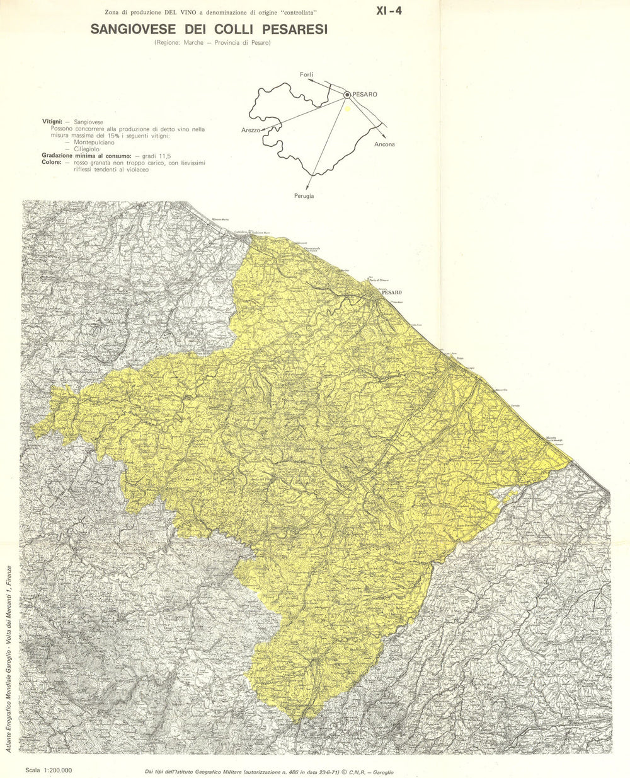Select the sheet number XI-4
(x=389, y=10)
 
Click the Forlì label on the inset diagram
(x=307, y=75)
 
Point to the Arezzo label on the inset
(x=250, y=130)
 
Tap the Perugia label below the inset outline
(x=304, y=196)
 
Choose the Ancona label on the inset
(x=384, y=144)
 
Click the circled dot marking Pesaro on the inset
(x=346, y=95)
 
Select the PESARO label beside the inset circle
(x=365, y=95)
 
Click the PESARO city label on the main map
(x=391, y=293)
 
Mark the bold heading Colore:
(x=52, y=163)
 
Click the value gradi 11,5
(x=156, y=156)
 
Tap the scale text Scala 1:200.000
(x=49, y=770)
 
